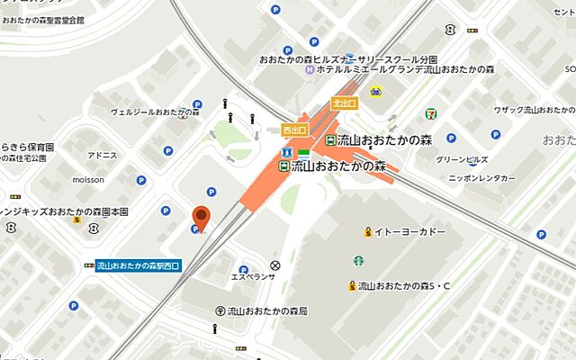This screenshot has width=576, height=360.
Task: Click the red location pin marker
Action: [202, 216]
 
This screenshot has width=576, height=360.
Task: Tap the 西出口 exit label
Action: [294, 130]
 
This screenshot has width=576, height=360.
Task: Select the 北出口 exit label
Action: [344, 103]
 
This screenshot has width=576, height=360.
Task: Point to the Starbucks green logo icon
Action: [357, 260]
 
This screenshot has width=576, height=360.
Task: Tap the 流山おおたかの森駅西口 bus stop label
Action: [139, 265]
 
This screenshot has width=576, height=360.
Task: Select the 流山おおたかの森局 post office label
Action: [267, 310]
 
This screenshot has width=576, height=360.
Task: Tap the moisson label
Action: [88, 179]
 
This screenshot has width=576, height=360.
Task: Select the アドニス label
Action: [103, 155]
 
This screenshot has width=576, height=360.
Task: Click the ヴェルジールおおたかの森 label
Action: [154, 112]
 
